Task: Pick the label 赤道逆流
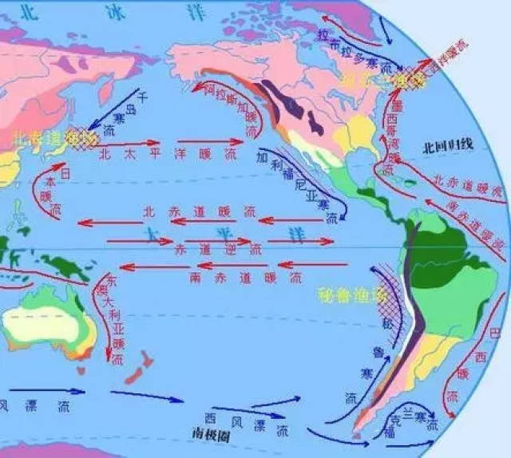coord(216,250)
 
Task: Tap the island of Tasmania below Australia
coord(80,370)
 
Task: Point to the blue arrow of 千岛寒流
coord(112,112)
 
